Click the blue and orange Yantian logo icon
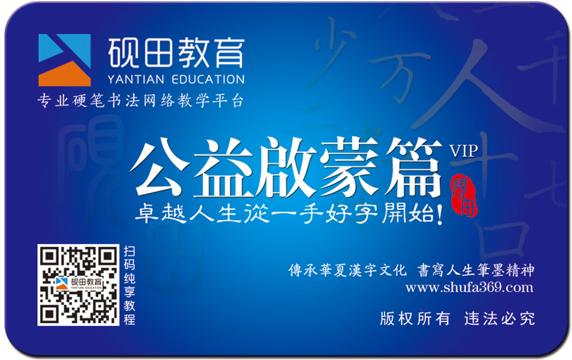pos(64,60)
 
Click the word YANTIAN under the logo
pos(136,79)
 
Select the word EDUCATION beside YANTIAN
pos(207,79)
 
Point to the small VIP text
pos(463,151)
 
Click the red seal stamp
pos(465,195)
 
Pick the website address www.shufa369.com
pos(469,288)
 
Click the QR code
pos(79,285)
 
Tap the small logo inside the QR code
pos(79,283)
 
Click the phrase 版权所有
pos(415,318)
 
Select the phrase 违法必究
pos(500,318)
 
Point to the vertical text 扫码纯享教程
pos(129,285)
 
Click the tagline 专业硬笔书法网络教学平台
pos(140,101)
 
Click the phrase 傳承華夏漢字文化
pos(347,270)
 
